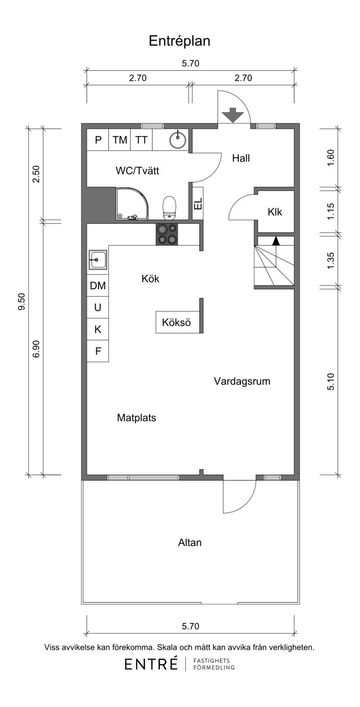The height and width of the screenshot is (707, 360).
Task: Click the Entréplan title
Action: click(x=180, y=41)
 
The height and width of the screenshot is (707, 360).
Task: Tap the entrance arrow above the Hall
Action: click(x=233, y=115)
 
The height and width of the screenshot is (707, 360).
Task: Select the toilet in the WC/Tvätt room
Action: click(x=170, y=207)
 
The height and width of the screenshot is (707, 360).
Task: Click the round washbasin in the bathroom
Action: click(x=178, y=140)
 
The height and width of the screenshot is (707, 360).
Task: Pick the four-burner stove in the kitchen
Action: click(x=167, y=234)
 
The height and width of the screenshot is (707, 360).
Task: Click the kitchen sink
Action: click(x=98, y=260)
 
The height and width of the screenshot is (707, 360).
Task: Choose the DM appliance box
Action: click(x=98, y=286)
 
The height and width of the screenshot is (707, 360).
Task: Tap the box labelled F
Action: click(x=98, y=351)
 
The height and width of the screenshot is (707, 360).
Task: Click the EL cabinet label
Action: click(x=198, y=203)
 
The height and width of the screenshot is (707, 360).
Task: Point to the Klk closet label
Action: click(x=275, y=212)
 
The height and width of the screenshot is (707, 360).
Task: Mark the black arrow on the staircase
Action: click(x=276, y=241)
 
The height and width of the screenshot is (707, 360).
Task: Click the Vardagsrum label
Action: click(x=242, y=381)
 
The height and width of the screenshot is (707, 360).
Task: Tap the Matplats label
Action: click(x=136, y=418)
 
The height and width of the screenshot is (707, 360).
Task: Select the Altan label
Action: click(x=189, y=543)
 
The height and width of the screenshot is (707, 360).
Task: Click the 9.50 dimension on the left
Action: click(x=22, y=302)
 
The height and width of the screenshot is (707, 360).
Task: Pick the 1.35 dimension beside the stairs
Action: click(x=330, y=261)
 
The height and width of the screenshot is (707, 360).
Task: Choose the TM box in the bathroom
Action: click(x=120, y=140)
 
